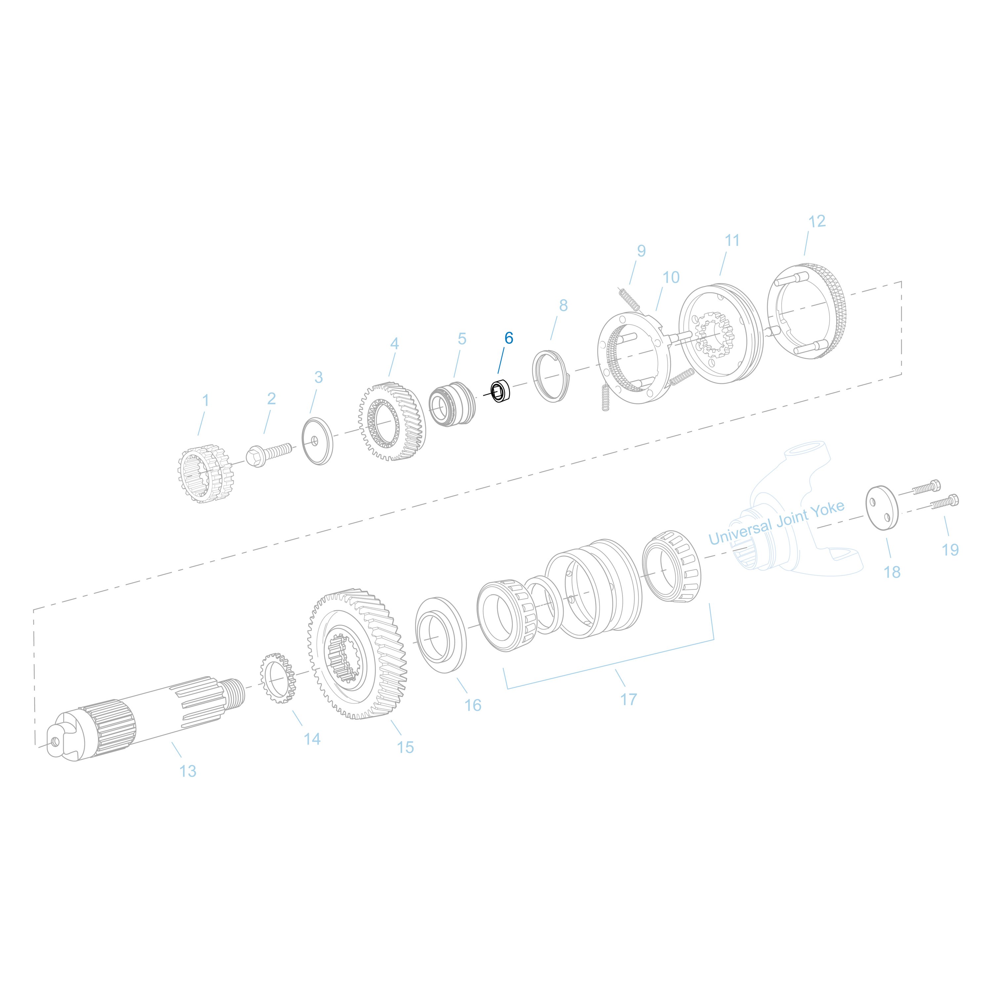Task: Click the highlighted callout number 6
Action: (508, 338)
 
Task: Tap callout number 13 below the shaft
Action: (187, 771)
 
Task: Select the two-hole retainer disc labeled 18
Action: (883, 506)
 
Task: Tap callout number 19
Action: (950, 549)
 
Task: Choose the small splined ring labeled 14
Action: (277, 679)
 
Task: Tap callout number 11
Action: (732, 240)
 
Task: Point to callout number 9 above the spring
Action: (641, 251)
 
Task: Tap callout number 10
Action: (671, 277)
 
